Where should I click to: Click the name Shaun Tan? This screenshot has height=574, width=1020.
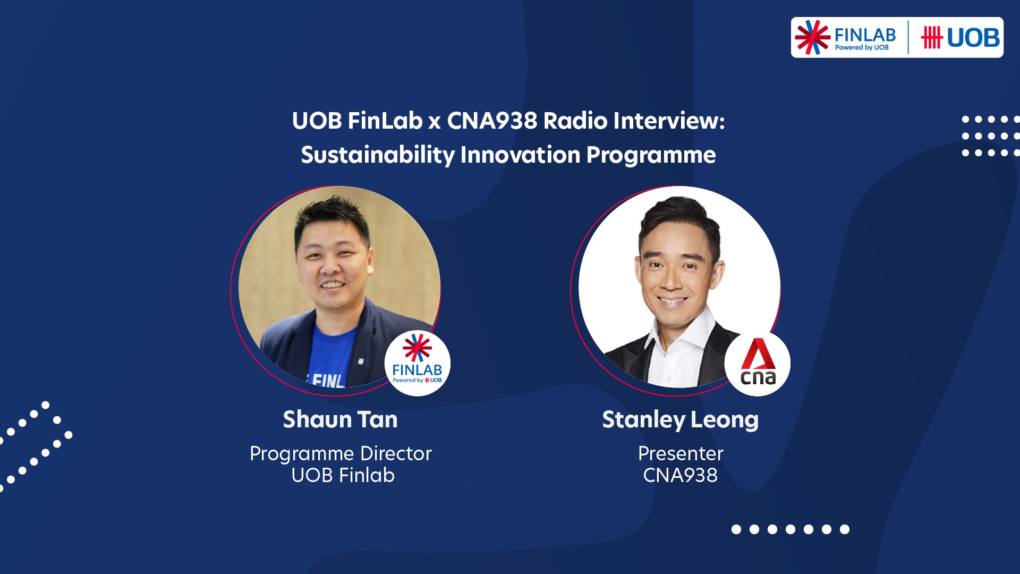tap(340, 419)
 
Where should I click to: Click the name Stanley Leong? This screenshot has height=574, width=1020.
tap(680, 419)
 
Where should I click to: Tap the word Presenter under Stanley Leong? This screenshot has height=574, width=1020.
tap(680, 453)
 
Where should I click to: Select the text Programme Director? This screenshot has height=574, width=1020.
tap(341, 453)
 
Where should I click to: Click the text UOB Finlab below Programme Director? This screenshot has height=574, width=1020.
tap(343, 475)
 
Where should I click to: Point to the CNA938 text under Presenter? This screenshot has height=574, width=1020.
tap(680, 475)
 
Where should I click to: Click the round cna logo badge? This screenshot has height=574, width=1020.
tap(758, 364)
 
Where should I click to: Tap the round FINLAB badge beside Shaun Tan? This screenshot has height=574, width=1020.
tap(418, 364)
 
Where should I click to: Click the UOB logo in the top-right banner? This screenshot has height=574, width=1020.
tap(960, 38)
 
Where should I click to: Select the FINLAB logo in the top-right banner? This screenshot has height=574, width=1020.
tap(846, 37)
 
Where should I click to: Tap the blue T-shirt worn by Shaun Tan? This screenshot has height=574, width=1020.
tap(335, 351)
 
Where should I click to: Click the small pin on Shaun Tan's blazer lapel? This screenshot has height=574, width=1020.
tap(361, 361)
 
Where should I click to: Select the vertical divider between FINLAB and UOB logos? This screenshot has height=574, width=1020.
tap(908, 37)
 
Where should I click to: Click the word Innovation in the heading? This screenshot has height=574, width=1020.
tap(520, 155)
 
